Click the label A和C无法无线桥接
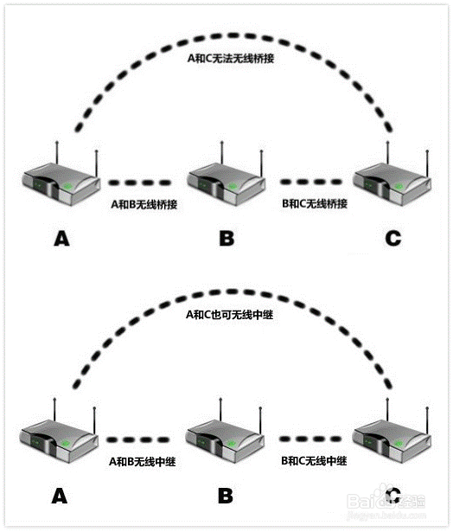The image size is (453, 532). point(231,58)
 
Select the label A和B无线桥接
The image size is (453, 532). point(144,204)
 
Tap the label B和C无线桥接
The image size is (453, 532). point(315,203)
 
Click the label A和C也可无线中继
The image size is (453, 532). point(230,315)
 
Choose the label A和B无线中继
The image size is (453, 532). point(143,461)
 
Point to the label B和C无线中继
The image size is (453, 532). point(314,461)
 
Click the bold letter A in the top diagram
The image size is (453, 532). point(61,239)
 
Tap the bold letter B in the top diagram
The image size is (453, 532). point(226,239)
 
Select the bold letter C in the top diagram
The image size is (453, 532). point(393,239)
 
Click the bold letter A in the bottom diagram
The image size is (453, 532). point(60,496)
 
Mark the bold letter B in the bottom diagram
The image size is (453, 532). point(226,496)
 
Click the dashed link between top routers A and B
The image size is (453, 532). point(140,183)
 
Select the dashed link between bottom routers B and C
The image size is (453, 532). point(310,439)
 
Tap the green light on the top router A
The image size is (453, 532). point(67,186)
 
